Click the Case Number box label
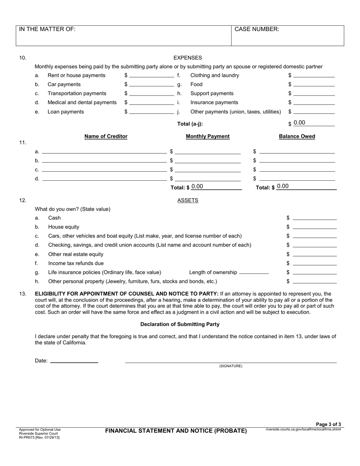[257, 29]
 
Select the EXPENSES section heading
[188, 58]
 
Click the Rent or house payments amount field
[151, 75]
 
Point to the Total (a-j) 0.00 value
[299, 123]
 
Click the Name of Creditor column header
[106, 136]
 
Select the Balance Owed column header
[297, 136]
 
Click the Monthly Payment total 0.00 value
[197, 186]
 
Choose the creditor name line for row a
[104, 151]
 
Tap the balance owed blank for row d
[297, 178]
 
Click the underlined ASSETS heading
[188, 200]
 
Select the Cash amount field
[315, 218]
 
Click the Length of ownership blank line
[254, 272]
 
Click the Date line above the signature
[74, 361]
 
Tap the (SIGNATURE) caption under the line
[230, 366]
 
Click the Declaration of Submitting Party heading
[180, 324]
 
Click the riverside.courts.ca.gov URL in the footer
[303, 429]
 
